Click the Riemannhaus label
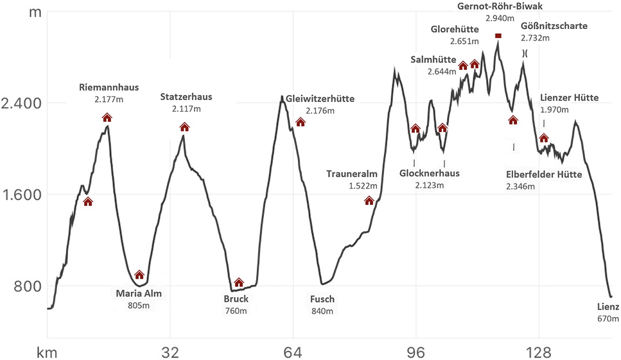109,87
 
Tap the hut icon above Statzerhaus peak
184,127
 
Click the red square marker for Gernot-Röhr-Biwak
498,36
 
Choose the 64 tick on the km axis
293,352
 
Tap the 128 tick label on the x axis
538,352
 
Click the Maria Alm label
139,295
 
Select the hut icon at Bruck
239,282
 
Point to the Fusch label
322,299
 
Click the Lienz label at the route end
608,307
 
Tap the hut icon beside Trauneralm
369,201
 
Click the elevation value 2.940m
500,19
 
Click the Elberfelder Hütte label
544,174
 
